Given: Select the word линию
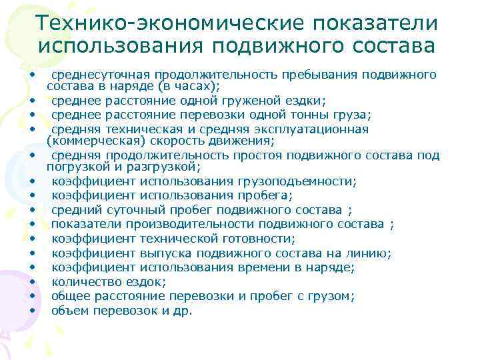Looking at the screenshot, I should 371,253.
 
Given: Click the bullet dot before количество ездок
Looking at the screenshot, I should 31,282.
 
